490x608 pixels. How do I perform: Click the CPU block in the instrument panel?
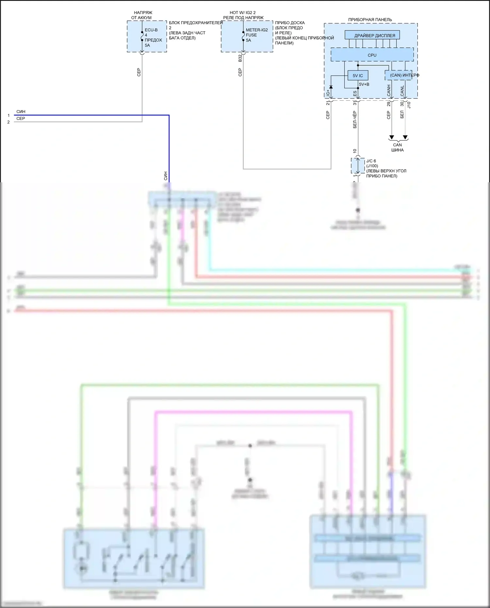pos(372,55)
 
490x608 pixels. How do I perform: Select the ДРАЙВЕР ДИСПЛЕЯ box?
pos(372,35)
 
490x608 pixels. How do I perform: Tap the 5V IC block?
pos(358,75)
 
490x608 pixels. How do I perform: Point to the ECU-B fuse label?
pos(151,30)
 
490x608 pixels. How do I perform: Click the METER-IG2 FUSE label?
pos(256,32)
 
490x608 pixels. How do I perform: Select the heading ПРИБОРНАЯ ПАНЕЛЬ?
pos(370,20)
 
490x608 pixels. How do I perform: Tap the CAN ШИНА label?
pos(397,147)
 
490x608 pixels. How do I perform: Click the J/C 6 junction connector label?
pos(371,161)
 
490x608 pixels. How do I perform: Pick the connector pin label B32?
pos(240,58)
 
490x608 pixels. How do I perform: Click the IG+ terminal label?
pos(328,93)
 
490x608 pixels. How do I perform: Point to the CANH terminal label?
pos(389,90)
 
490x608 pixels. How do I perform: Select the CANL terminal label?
pos(402,91)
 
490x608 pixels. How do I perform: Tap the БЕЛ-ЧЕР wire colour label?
pos(355,120)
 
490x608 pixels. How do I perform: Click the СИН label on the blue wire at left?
pos(21,112)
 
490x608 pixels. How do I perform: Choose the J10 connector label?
pos(409,105)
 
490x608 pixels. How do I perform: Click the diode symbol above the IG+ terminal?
pos(331,87)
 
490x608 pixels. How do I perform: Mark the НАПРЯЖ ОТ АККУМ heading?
pos(142,15)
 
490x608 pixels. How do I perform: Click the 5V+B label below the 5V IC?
pos(364,84)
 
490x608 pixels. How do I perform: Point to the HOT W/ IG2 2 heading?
pos(243,13)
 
